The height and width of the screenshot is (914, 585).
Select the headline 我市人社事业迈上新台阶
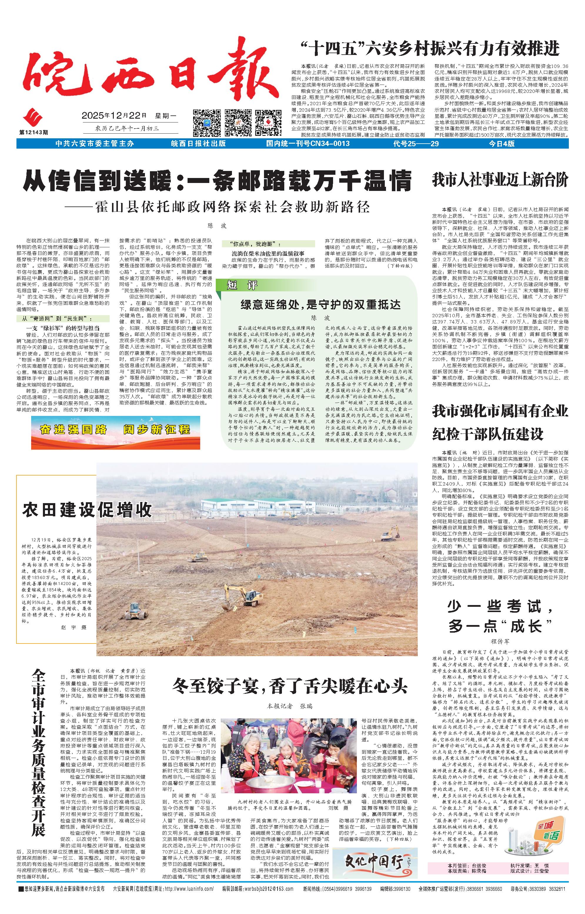pos(499,180)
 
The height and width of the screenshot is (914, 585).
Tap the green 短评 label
pos(238,285)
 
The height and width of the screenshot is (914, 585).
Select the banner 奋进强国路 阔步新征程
pos(116,430)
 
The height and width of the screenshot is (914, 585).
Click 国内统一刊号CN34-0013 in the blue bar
pos(308,144)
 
